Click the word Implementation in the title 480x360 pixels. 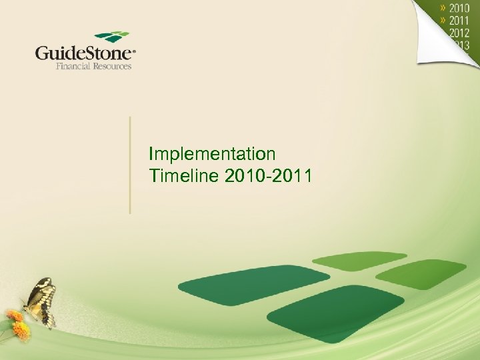(212, 155)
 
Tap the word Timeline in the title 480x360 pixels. (183, 176)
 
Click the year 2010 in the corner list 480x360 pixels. (459, 9)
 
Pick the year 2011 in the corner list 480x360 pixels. (459, 21)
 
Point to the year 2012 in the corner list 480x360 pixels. (459, 33)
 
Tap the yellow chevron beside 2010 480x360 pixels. (443, 9)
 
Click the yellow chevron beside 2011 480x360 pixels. (443, 21)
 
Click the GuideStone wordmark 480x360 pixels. (83, 53)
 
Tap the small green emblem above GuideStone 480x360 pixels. (111, 37)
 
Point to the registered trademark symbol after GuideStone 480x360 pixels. (134, 49)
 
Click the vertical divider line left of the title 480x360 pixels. (130, 165)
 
